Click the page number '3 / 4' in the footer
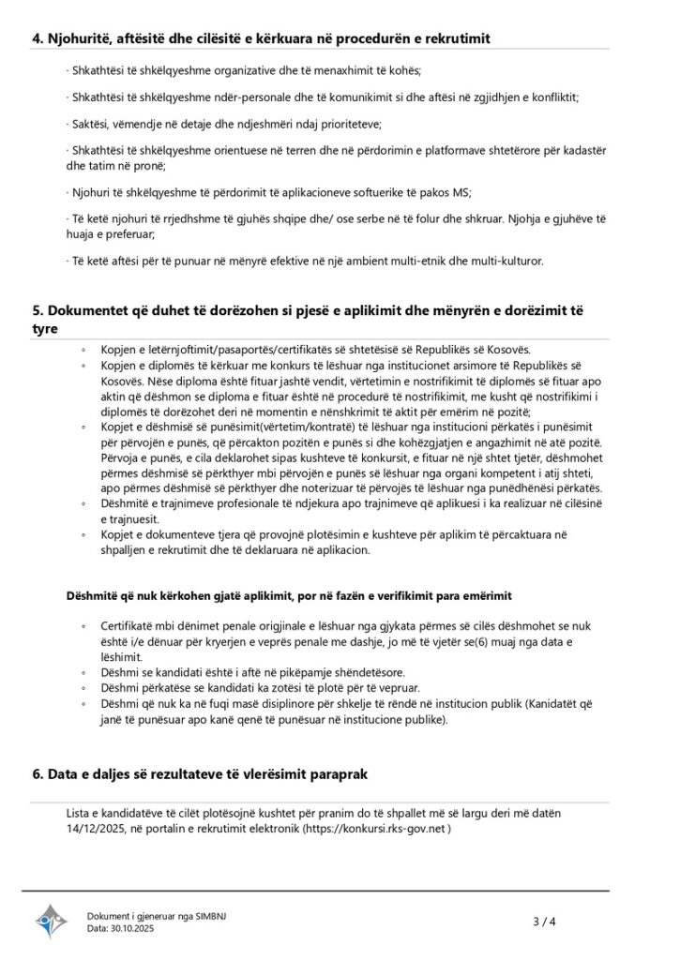(545, 922)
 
